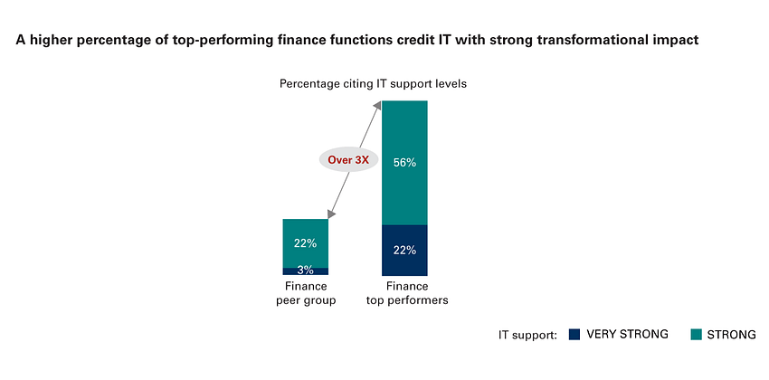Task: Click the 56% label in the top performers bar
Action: pyautogui.click(x=404, y=163)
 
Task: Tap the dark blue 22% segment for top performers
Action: pyautogui.click(x=404, y=250)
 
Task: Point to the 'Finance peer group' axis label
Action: pyautogui.click(x=306, y=294)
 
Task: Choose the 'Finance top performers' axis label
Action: pyautogui.click(x=404, y=294)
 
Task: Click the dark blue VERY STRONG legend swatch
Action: pyautogui.click(x=574, y=335)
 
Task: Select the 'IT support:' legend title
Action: pyautogui.click(x=527, y=335)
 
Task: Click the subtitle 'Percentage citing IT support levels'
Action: pyautogui.click(x=372, y=84)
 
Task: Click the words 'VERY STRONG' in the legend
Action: pyautogui.click(x=627, y=335)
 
